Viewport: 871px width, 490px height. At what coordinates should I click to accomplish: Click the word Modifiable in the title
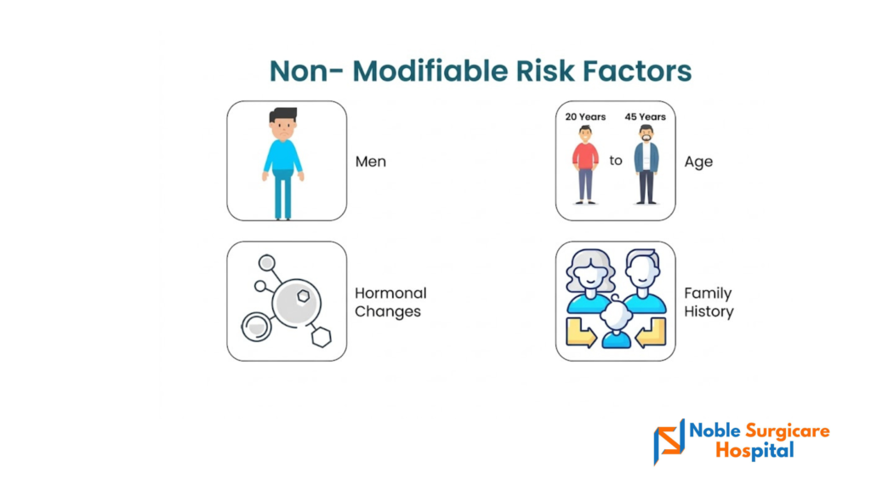(x=430, y=71)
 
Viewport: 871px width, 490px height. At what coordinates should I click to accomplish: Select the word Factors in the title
(x=637, y=71)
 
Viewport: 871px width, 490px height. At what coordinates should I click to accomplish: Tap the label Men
(x=371, y=162)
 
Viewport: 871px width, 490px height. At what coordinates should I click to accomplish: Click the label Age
(x=698, y=162)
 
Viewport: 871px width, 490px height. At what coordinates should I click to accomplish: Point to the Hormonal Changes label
(x=390, y=302)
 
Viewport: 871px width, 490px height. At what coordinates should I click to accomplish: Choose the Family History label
(x=709, y=302)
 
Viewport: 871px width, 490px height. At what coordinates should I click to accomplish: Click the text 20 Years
(x=585, y=117)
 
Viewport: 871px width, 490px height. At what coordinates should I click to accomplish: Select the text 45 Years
(x=645, y=117)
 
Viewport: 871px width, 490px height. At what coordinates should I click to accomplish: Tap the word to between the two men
(x=616, y=161)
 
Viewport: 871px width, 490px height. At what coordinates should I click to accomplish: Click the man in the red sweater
(x=585, y=164)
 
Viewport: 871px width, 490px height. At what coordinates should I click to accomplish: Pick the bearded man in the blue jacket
(x=646, y=164)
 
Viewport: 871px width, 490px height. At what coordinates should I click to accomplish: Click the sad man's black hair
(x=283, y=115)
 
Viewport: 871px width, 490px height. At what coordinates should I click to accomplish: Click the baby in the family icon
(x=616, y=325)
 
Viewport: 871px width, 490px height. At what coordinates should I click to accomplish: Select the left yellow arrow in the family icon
(x=581, y=333)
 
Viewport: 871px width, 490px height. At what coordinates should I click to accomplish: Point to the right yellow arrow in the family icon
(x=651, y=333)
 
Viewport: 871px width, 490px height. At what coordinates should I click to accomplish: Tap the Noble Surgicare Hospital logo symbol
(x=669, y=442)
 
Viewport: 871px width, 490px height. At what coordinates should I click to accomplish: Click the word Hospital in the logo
(x=755, y=450)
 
